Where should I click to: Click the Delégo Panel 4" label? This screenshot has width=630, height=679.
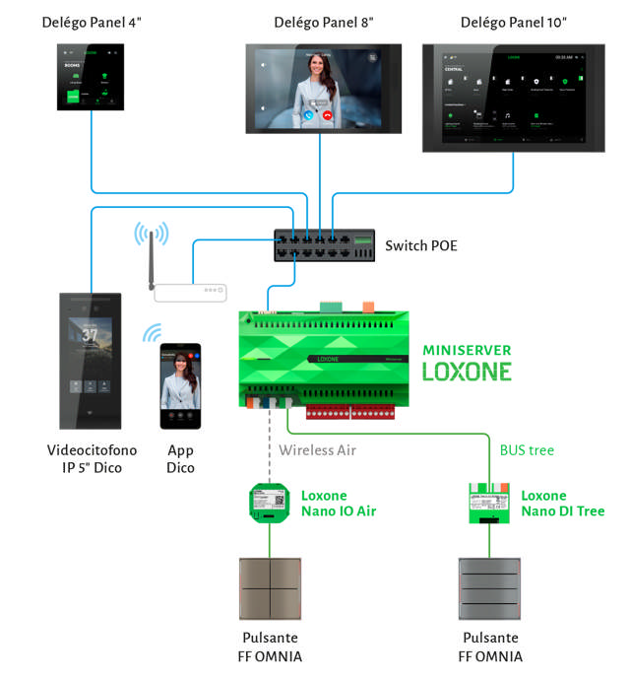90,21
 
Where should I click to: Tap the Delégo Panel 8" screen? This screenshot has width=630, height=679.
323,89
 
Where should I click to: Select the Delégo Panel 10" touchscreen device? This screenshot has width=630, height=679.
515,98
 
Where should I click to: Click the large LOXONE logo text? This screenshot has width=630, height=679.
467,372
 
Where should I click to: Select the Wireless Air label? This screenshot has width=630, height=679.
318,450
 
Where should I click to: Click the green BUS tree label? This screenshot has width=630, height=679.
527,450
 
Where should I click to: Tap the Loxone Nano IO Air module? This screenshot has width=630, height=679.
265,503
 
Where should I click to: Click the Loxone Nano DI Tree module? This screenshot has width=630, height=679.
490,503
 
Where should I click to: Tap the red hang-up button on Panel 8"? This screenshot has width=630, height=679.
327,114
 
